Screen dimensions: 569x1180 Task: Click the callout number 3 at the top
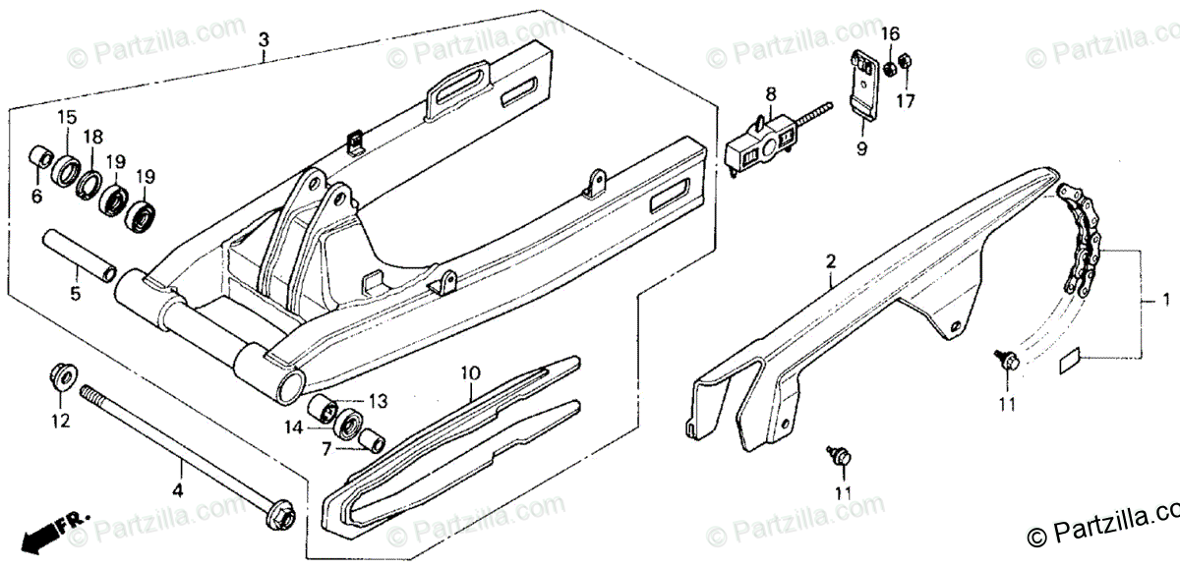[263, 40]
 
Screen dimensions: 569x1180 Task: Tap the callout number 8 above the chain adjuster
[771, 94]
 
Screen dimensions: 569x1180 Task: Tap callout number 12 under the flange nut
[60, 423]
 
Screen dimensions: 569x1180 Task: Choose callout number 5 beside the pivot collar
[76, 293]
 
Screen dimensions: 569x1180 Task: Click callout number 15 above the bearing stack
[66, 118]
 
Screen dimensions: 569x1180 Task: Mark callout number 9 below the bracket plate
[861, 150]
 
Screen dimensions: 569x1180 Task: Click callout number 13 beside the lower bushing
[379, 401]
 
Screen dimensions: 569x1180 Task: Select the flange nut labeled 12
[59, 377]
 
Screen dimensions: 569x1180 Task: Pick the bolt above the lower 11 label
[841, 455]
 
